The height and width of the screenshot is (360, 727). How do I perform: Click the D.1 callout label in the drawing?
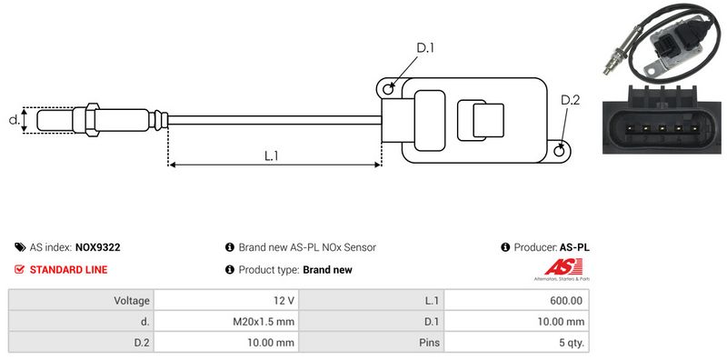pos(424,48)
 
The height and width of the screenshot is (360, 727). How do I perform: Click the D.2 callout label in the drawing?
pos(570,100)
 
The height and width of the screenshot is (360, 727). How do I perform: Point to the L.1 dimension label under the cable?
pos(271,155)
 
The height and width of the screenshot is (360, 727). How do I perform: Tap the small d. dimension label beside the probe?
pos(15,120)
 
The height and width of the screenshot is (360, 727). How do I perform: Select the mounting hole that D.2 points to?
pos(560,150)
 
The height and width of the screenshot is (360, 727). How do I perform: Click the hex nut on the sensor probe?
pos(92,120)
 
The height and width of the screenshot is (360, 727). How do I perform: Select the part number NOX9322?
pos(97,247)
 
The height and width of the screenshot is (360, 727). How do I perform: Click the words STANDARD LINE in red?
pos(69,269)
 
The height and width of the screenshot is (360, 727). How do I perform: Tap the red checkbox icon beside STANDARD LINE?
pos(19,269)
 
